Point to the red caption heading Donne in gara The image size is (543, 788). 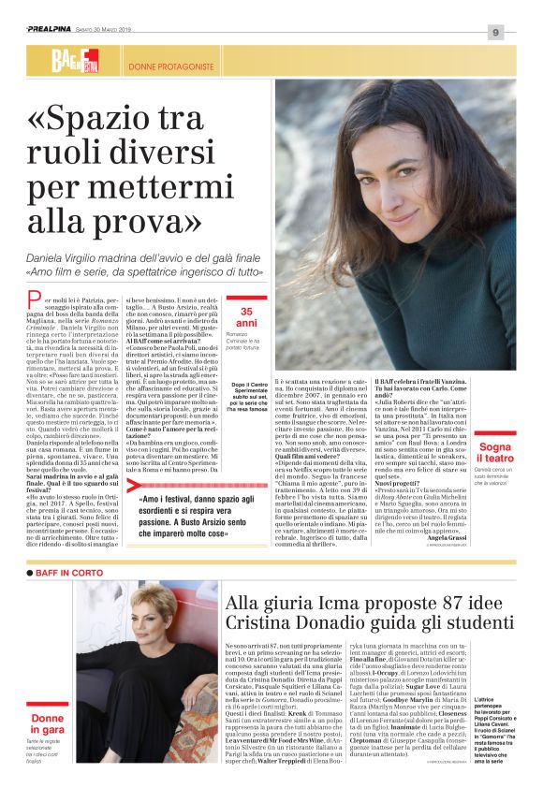click(48, 723)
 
